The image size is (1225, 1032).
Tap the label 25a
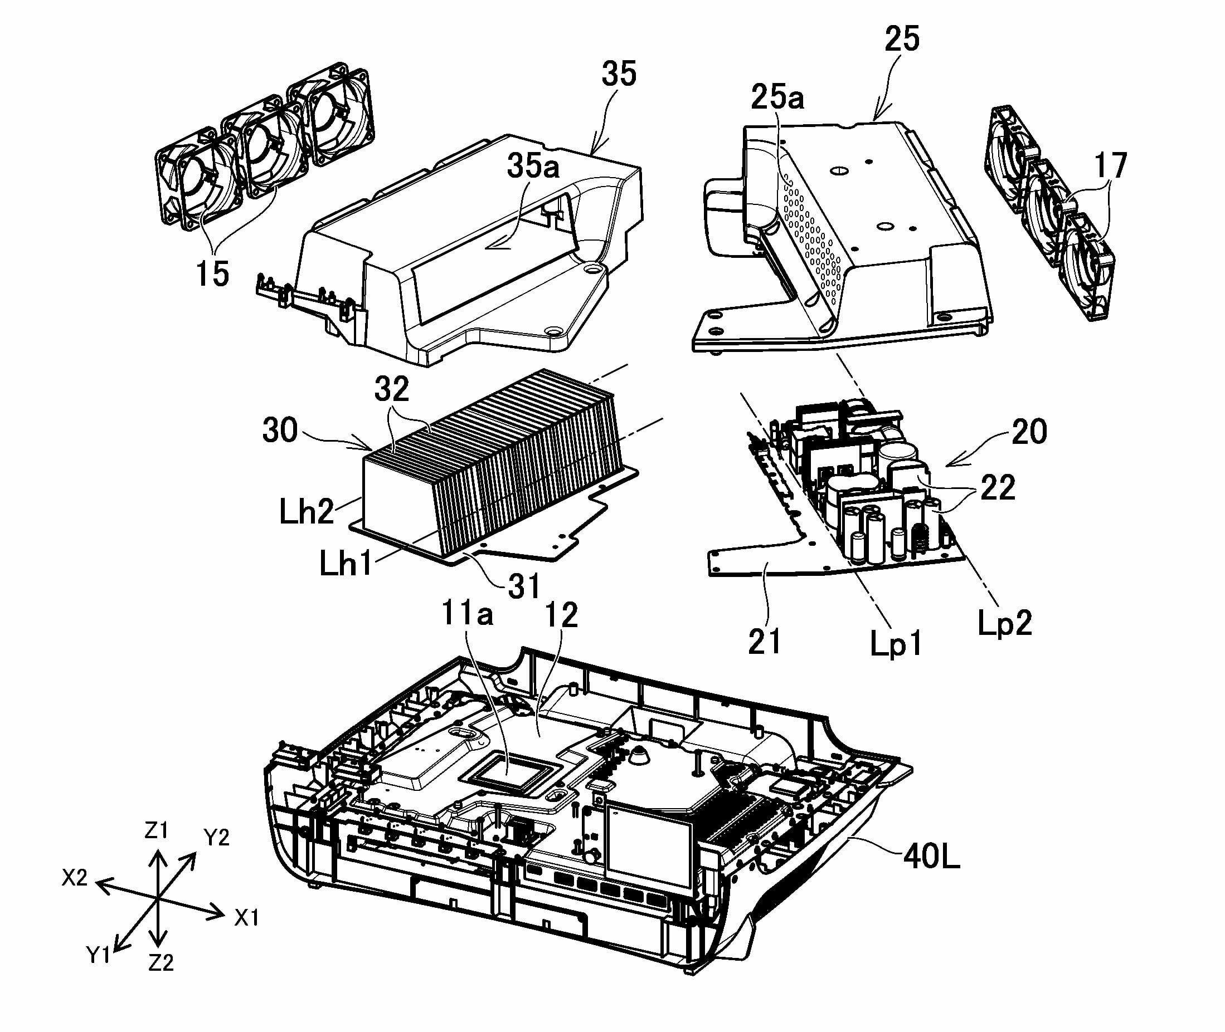777,97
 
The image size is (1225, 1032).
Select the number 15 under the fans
212,274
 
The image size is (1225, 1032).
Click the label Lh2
306,512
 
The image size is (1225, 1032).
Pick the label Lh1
346,564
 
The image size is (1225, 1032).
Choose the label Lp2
1004,623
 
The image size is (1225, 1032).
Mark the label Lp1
896,645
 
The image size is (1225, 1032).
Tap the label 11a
466,614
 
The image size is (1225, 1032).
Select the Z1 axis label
155,831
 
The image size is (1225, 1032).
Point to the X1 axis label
246,918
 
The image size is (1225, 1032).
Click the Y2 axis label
216,838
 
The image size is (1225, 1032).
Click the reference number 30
280,431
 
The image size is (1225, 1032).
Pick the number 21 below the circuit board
765,641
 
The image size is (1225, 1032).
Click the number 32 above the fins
392,389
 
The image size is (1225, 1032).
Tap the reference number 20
1029,432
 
